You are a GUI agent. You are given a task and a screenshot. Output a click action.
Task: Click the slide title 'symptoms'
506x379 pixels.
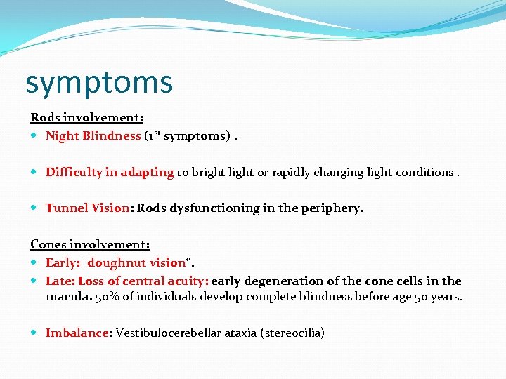click(x=99, y=82)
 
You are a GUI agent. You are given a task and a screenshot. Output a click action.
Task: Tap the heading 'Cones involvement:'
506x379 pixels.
click(x=90, y=244)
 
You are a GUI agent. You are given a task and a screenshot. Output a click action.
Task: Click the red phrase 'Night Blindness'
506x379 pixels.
click(x=93, y=136)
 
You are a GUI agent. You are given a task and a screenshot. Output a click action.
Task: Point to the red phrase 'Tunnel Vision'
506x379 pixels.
click(x=88, y=208)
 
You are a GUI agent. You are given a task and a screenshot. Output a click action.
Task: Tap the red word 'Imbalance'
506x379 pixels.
click(x=77, y=333)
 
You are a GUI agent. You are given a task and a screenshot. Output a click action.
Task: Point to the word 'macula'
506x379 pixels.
click(x=65, y=297)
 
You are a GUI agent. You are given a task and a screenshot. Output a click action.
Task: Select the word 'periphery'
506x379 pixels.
click(x=331, y=208)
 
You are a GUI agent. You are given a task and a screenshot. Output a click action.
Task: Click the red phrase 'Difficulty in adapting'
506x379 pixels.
click(x=110, y=172)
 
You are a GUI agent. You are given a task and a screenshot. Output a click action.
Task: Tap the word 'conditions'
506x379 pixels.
click(x=424, y=172)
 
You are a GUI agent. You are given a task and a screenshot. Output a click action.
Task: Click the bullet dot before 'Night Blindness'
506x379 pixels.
click(x=35, y=136)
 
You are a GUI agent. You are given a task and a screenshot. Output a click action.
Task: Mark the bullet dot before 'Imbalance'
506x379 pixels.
click(x=35, y=333)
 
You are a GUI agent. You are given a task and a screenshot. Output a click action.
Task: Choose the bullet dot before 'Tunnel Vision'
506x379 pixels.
click(x=35, y=208)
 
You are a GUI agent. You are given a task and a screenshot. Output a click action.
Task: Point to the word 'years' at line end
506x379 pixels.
click(x=445, y=297)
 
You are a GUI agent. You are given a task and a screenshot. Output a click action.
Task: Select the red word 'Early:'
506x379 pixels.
click(x=62, y=262)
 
